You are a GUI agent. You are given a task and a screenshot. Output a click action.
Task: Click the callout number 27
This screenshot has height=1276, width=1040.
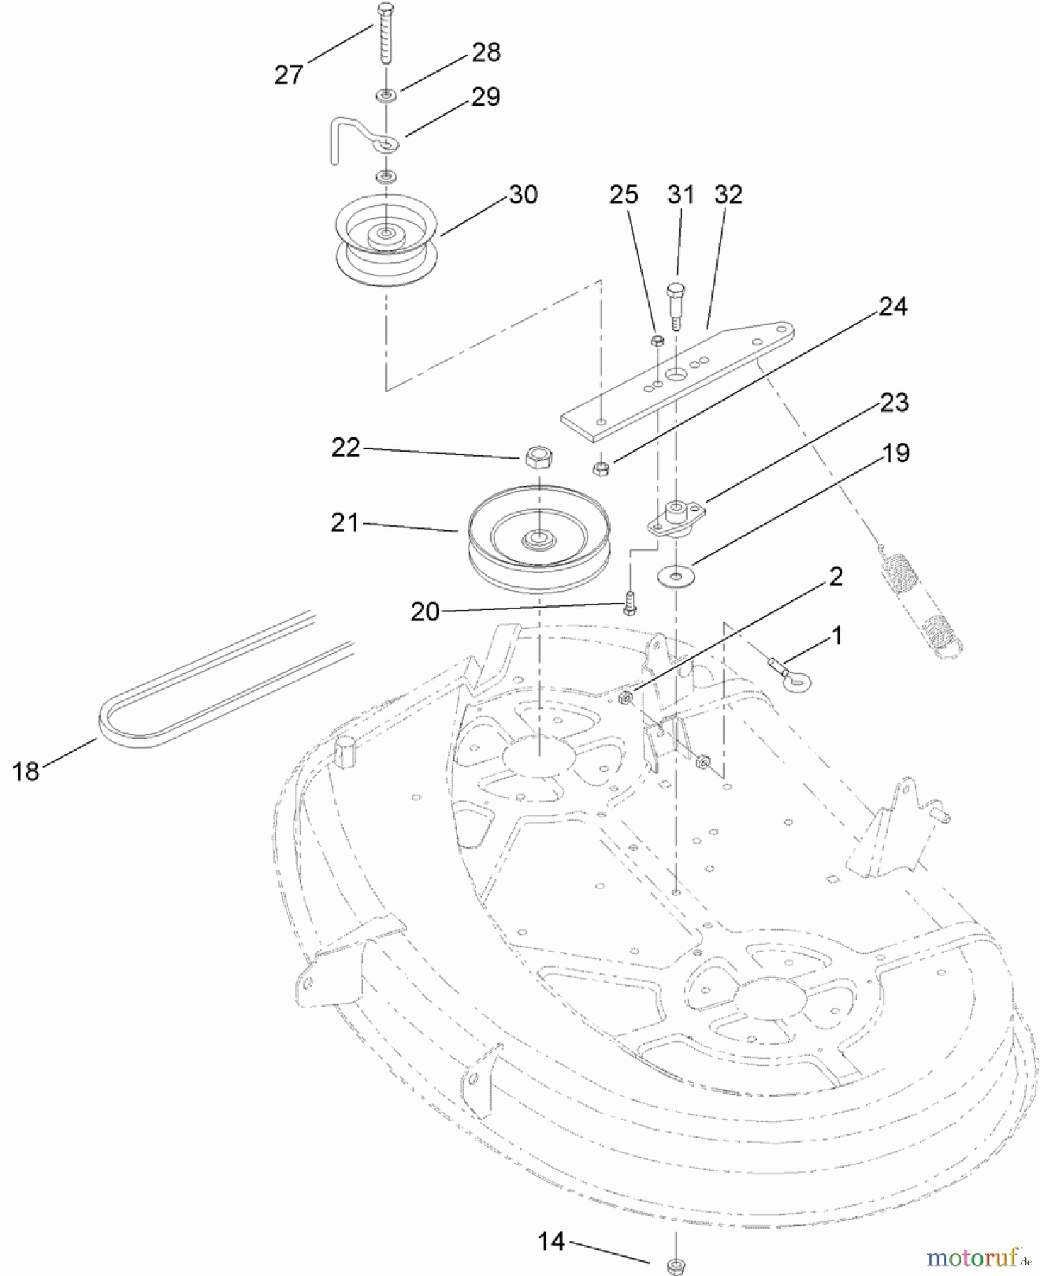tap(288, 74)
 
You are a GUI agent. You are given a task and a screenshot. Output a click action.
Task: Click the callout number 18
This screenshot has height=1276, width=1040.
tap(26, 771)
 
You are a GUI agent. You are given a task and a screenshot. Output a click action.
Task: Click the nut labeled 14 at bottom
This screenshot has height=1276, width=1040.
tap(675, 1264)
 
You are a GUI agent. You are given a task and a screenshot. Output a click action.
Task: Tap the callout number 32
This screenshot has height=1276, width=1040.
tap(728, 194)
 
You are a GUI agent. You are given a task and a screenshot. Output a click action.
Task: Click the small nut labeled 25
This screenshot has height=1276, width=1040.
tap(657, 340)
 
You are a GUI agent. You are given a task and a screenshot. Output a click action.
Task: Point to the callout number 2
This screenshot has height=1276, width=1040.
tap(835, 576)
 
